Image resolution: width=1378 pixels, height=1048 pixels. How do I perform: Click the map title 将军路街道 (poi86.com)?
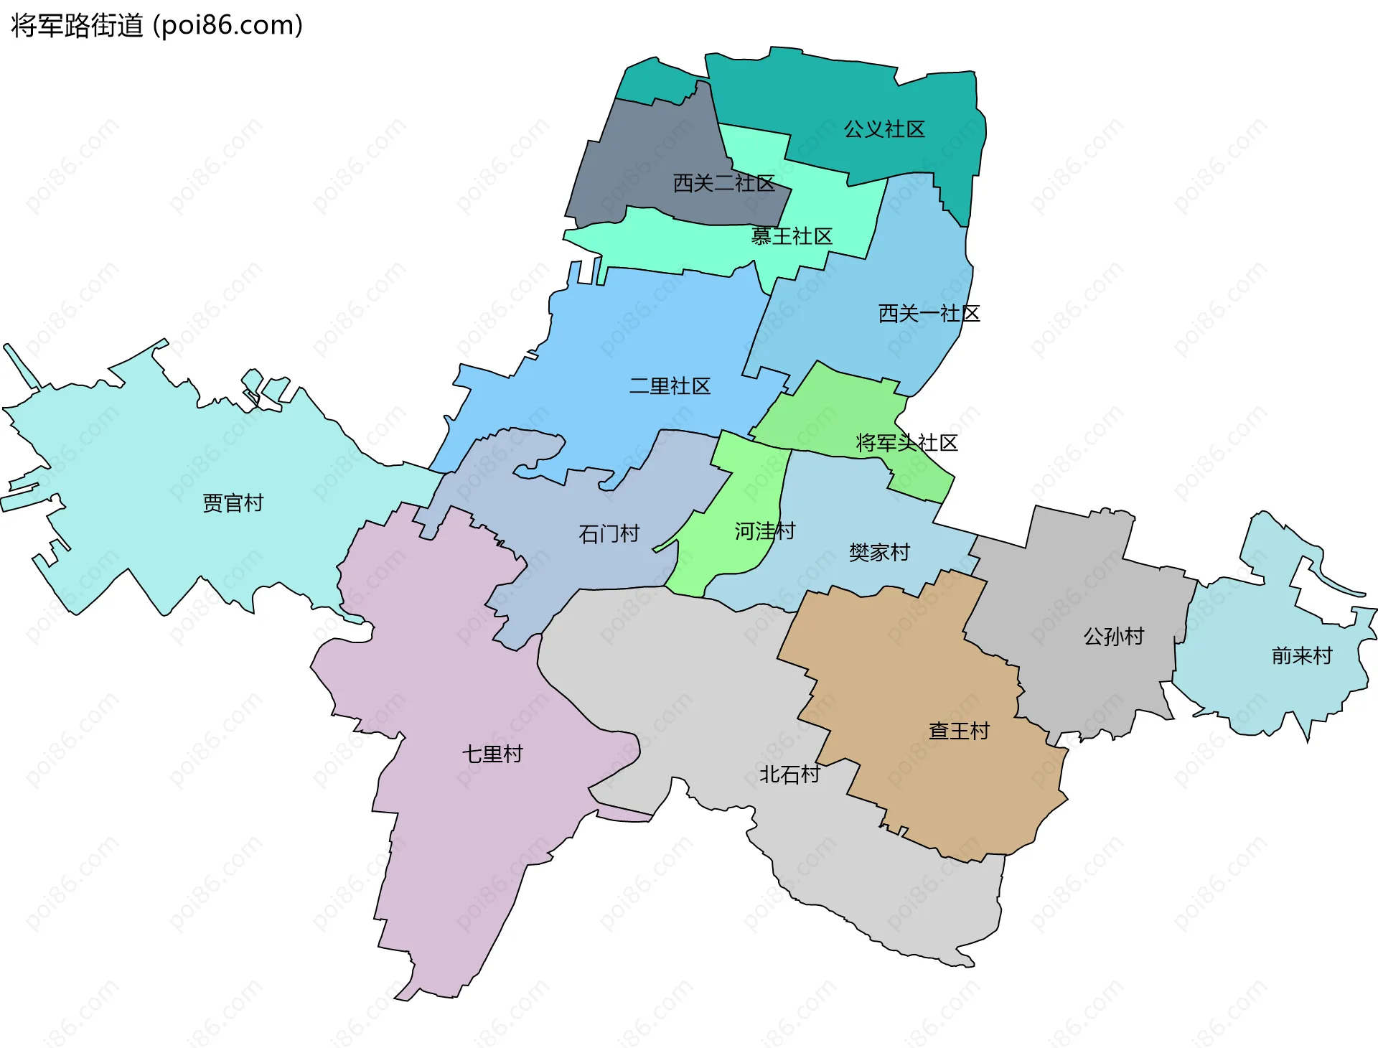click(x=157, y=26)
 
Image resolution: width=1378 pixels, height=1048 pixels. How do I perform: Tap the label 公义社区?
click(x=883, y=129)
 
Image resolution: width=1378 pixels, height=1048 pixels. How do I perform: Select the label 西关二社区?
click(x=723, y=183)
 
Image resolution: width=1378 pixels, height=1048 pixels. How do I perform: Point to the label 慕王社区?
click(x=791, y=236)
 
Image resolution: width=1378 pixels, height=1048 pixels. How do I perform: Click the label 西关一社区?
click(x=929, y=313)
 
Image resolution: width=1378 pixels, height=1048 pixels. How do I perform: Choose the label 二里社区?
click(x=670, y=386)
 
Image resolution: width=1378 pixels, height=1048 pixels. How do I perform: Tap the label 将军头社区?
click(x=906, y=443)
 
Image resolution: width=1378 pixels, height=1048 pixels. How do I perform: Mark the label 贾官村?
click(x=233, y=502)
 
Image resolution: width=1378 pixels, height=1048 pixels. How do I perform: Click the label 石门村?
click(x=609, y=533)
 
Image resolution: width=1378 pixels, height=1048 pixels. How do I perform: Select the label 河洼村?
click(x=764, y=531)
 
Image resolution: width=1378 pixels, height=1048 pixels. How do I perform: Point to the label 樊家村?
click(x=879, y=552)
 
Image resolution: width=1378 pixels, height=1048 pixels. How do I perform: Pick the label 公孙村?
click(x=1113, y=636)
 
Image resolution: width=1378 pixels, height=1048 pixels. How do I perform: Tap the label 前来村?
click(x=1301, y=655)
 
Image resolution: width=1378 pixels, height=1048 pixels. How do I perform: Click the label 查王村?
click(x=959, y=731)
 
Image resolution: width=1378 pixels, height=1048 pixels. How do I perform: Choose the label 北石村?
click(x=789, y=774)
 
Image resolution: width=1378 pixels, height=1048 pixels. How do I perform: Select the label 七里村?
click(x=492, y=754)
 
